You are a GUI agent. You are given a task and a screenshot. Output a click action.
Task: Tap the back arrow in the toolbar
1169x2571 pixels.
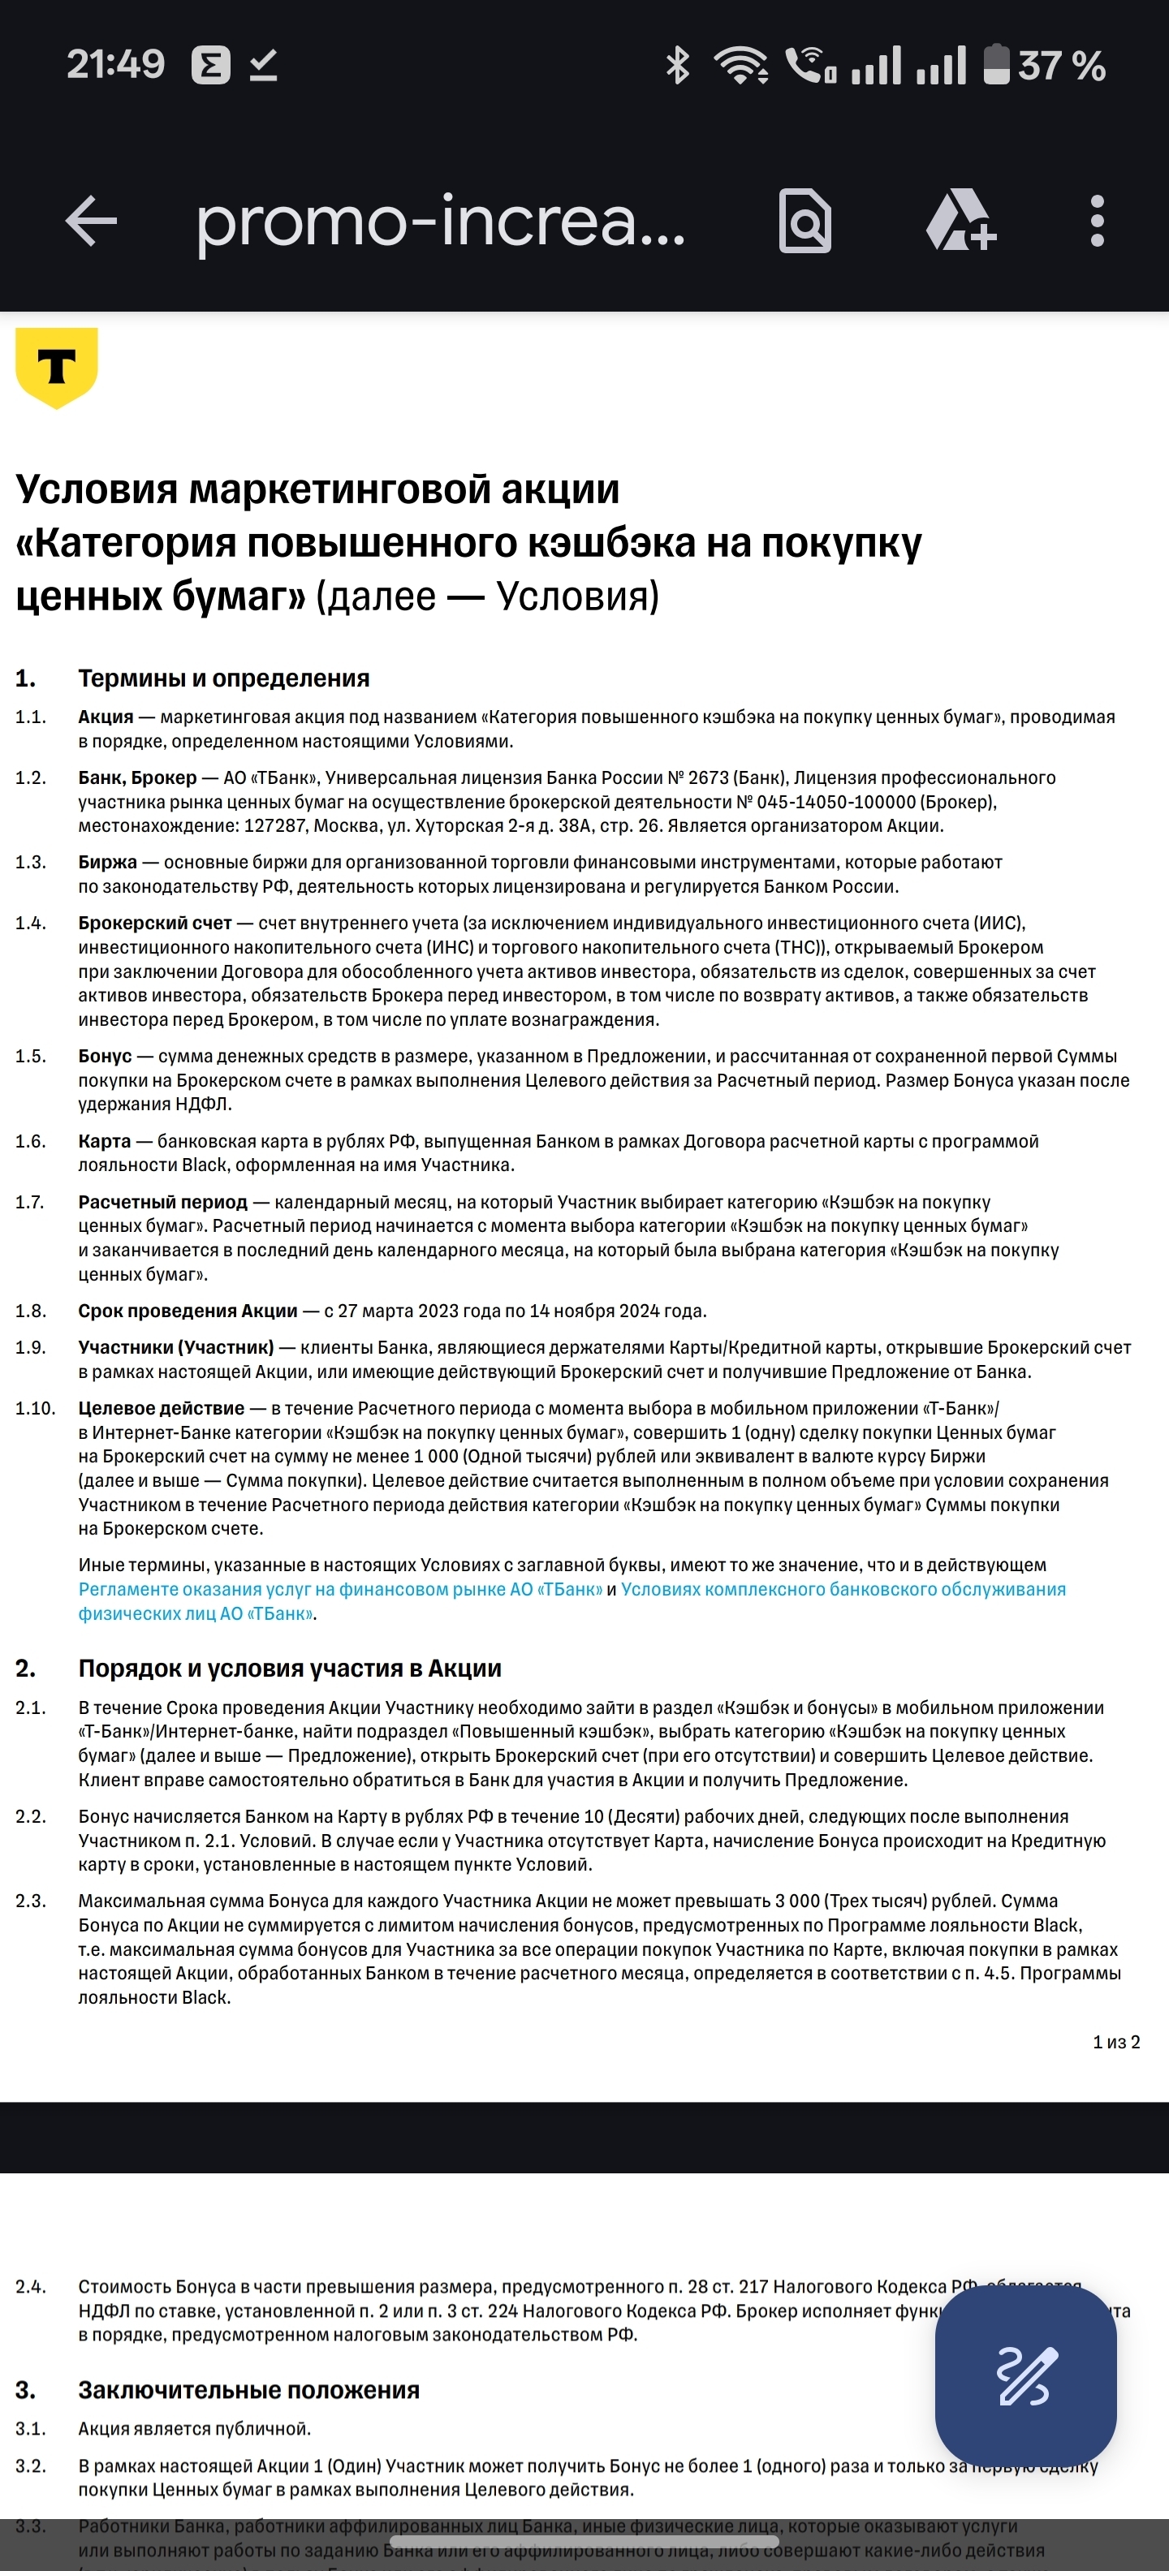(x=91, y=221)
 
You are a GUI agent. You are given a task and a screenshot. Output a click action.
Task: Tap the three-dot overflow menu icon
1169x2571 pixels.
(x=1097, y=221)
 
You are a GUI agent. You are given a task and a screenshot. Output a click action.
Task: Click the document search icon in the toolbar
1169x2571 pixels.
(x=804, y=221)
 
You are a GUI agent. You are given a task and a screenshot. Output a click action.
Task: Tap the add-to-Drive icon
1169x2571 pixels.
(x=960, y=221)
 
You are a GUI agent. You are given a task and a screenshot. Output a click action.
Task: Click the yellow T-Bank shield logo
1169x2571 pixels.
(x=57, y=366)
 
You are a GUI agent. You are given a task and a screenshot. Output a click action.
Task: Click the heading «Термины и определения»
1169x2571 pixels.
(x=223, y=678)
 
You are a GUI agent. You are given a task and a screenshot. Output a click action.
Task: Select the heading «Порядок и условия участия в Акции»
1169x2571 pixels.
(x=290, y=1669)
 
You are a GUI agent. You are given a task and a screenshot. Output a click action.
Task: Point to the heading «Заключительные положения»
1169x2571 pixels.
(x=248, y=2390)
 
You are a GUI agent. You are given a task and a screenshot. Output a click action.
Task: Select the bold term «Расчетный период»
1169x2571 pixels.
(x=162, y=1202)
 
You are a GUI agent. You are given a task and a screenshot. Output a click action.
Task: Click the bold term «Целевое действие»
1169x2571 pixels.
(x=161, y=1408)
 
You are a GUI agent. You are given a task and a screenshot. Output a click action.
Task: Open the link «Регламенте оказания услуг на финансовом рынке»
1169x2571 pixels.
(x=340, y=1590)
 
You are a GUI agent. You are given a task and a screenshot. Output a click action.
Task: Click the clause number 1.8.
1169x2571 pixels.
(x=31, y=1311)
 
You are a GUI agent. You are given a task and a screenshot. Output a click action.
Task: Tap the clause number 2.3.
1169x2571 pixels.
(x=31, y=1901)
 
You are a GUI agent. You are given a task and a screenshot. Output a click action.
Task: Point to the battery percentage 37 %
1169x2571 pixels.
(x=1061, y=66)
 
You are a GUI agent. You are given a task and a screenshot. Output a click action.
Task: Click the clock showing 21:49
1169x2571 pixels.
(x=114, y=65)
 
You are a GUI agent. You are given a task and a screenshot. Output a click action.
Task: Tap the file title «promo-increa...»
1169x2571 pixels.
(x=440, y=221)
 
